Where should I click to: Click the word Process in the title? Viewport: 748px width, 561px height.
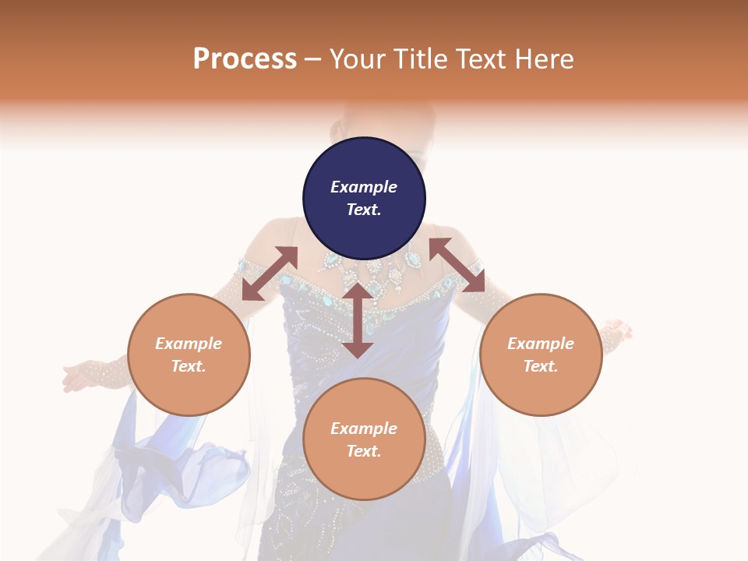pos(245,59)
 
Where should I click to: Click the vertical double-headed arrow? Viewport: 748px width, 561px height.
pos(358,320)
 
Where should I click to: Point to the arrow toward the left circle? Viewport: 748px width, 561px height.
pos(270,273)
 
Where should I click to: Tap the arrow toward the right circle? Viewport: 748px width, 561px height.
pos(457,265)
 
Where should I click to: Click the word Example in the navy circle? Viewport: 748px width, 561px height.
pos(364,187)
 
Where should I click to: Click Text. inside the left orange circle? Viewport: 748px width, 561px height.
pos(189,366)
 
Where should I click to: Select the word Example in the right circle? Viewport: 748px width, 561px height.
pos(541,344)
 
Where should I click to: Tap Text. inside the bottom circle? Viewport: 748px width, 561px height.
pos(364,451)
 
